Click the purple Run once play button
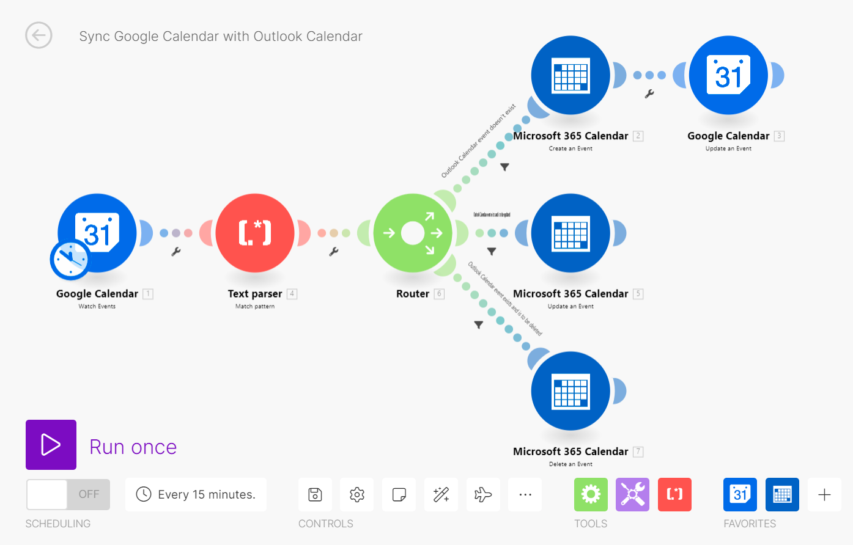click(x=51, y=445)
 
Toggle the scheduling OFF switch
click(x=68, y=494)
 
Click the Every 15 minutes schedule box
click(x=196, y=494)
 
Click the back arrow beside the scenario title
click(x=39, y=35)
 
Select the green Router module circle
click(x=413, y=233)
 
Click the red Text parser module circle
click(x=255, y=233)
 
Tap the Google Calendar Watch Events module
click(x=98, y=233)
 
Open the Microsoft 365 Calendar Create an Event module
click(x=571, y=75)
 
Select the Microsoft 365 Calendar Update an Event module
click(x=571, y=233)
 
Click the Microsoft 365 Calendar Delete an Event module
click(x=571, y=391)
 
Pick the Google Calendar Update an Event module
click(x=728, y=75)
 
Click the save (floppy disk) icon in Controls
click(x=315, y=494)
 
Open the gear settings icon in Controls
click(x=357, y=494)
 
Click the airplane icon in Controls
click(x=483, y=494)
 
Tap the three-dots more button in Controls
click(x=525, y=494)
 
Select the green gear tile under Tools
click(x=591, y=494)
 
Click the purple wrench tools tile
click(x=632, y=494)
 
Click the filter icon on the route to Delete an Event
click(x=479, y=325)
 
